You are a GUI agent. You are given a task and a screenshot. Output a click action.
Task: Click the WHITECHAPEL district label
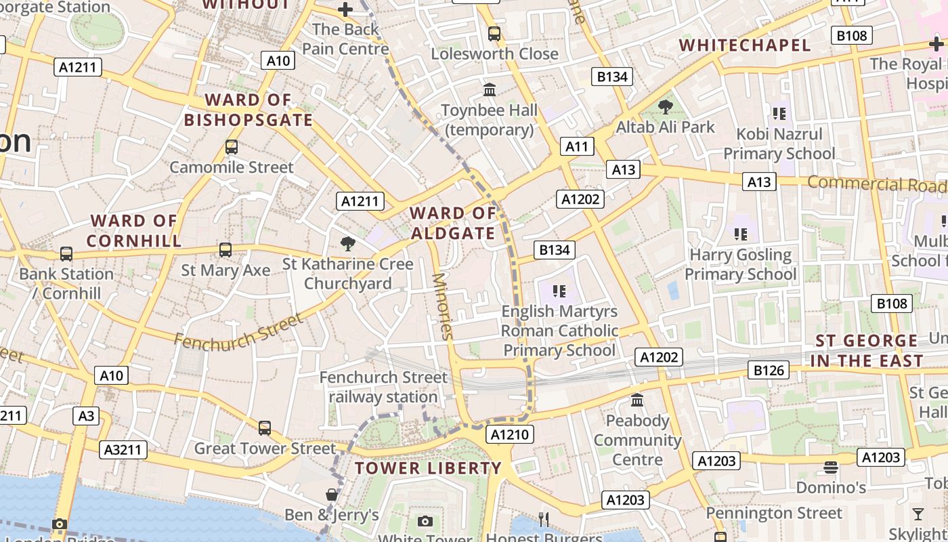(745, 45)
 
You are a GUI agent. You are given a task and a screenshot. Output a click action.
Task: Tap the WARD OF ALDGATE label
(453, 224)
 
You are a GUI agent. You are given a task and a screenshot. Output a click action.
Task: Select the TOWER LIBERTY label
(428, 468)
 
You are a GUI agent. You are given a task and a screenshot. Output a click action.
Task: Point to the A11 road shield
(577, 146)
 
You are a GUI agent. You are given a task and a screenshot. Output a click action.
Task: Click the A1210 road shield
(509, 434)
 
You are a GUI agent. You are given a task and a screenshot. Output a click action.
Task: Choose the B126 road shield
(769, 370)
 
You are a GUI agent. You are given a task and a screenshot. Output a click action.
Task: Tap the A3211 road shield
(123, 449)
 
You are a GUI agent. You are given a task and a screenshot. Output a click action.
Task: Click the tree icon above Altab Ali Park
(666, 106)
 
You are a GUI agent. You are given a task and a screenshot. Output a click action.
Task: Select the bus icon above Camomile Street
(232, 147)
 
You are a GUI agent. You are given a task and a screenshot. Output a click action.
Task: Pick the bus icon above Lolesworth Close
(494, 33)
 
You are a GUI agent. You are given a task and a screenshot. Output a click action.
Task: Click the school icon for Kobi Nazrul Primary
(779, 114)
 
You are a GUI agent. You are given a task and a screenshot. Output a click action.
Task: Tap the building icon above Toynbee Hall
(489, 89)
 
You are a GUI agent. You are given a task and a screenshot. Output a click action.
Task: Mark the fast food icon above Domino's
(831, 467)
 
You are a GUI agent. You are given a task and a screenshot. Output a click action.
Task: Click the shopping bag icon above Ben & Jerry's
(331, 495)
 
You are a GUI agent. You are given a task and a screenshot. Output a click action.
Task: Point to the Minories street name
(441, 306)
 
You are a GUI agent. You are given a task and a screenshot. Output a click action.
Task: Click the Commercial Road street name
(876, 184)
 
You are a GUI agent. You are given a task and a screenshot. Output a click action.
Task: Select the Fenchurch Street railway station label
(383, 387)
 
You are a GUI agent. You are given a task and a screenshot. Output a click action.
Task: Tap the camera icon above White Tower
(425, 520)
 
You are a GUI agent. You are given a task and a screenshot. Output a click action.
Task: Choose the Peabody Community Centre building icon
(637, 400)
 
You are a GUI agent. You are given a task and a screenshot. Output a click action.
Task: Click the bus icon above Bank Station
(66, 254)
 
